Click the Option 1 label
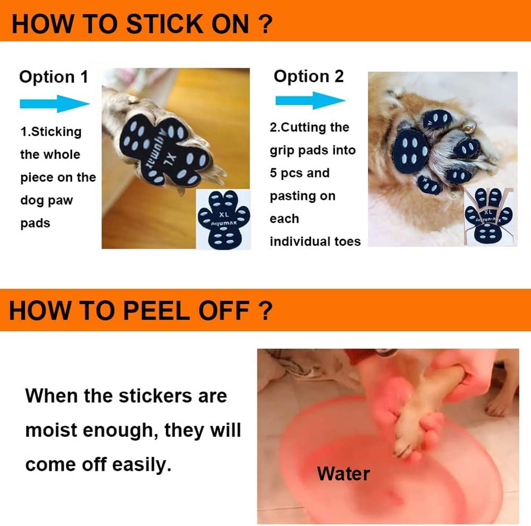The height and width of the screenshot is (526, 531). pos(54,77)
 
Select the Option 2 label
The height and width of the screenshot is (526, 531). pos(309,76)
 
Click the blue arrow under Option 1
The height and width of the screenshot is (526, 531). pos(55,103)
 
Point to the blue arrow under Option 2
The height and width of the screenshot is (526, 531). pos(310,100)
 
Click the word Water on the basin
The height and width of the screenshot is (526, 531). pos(344,473)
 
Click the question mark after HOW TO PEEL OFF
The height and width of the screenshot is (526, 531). pos(265,311)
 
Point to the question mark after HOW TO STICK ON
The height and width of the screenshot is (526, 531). pos(266,24)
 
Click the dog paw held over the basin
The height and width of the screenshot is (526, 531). pos(419,419)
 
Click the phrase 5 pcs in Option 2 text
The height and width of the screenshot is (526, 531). pos(289,173)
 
